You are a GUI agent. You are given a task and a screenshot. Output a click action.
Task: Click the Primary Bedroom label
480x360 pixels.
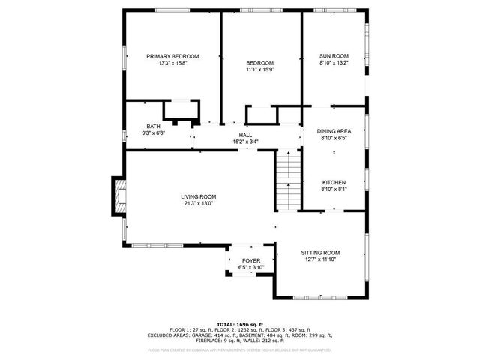172,57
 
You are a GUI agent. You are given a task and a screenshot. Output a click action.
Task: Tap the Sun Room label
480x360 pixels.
334,57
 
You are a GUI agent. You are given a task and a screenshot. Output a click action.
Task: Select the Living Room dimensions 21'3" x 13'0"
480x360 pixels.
198,203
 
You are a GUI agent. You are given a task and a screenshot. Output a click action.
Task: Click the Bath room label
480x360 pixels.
153,127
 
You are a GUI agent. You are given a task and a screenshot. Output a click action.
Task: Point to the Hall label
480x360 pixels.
245,135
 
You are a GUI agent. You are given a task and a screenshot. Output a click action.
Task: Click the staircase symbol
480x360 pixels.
287,180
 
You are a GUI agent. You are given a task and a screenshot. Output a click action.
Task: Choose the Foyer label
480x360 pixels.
251,260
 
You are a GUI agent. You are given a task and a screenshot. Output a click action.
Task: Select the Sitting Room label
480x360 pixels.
320,253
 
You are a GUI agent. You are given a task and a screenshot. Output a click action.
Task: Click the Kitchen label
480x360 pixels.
334,183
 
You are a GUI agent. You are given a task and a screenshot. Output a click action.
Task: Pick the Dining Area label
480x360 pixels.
334,131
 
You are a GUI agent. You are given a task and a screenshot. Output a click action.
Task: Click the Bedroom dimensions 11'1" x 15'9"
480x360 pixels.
259,70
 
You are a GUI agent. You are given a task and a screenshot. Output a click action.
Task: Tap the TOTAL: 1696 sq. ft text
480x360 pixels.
240,323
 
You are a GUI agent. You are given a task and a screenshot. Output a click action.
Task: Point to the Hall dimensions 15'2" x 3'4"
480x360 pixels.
245,142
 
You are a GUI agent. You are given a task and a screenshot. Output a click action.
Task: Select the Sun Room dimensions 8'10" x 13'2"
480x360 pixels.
334,64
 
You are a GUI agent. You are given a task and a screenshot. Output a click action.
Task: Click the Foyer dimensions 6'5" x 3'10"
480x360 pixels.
251,267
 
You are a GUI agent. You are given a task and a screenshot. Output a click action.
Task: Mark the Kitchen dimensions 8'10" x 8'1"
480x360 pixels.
334,190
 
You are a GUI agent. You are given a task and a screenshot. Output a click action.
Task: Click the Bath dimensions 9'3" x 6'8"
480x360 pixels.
153,133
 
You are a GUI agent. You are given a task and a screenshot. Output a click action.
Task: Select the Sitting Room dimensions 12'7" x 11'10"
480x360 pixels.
320,259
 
